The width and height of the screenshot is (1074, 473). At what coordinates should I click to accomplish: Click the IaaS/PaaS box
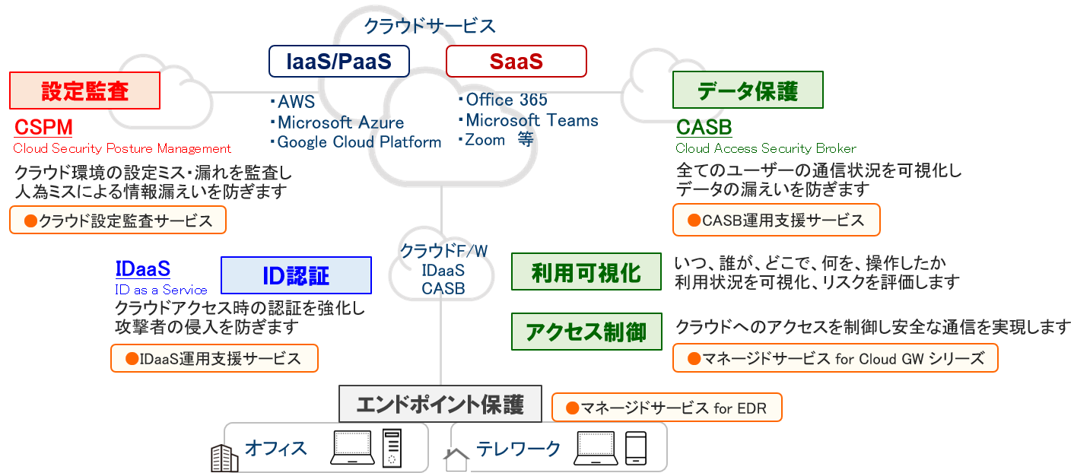click(338, 62)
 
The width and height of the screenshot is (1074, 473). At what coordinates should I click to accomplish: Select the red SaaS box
click(516, 62)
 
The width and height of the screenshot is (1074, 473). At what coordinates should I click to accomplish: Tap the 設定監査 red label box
click(84, 90)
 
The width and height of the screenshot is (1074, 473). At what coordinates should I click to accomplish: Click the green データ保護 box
click(747, 90)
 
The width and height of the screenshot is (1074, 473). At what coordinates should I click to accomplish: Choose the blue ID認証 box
click(296, 275)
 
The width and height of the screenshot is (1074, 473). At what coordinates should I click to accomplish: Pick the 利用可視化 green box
click(586, 272)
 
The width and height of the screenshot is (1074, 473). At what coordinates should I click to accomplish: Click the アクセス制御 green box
click(586, 332)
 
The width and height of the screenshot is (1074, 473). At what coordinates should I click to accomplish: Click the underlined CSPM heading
click(43, 127)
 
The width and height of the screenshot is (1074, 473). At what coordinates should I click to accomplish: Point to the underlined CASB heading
click(704, 127)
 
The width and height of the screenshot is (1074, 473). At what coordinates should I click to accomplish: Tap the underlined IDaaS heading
click(142, 268)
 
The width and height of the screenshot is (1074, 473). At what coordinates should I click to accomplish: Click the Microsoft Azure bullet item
click(340, 122)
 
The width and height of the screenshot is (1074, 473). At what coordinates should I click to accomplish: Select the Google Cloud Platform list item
click(358, 142)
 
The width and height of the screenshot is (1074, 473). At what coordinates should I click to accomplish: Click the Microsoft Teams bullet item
click(531, 120)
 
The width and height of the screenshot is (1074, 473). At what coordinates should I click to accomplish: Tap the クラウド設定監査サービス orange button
click(118, 221)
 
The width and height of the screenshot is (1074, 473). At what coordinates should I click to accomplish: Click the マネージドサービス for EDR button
click(666, 408)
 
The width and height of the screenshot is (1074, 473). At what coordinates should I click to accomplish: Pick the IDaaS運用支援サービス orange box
click(214, 358)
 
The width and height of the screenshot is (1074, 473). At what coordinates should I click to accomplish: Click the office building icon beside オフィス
click(224, 459)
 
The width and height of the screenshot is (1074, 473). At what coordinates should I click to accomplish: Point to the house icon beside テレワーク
click(456, 459)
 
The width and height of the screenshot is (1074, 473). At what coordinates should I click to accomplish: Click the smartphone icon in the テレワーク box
click(635, 449)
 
